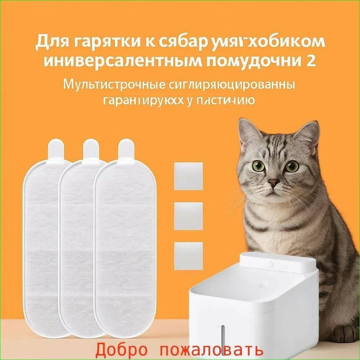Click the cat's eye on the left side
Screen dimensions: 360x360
pyautogui.click(x=258, y=166)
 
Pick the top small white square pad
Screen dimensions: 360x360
pyautogui.click(x=188, y=176)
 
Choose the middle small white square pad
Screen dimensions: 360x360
pyautogui.click(x=188, y=216)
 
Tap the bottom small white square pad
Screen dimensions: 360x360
pyautogui.click(x=188, y=256)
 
